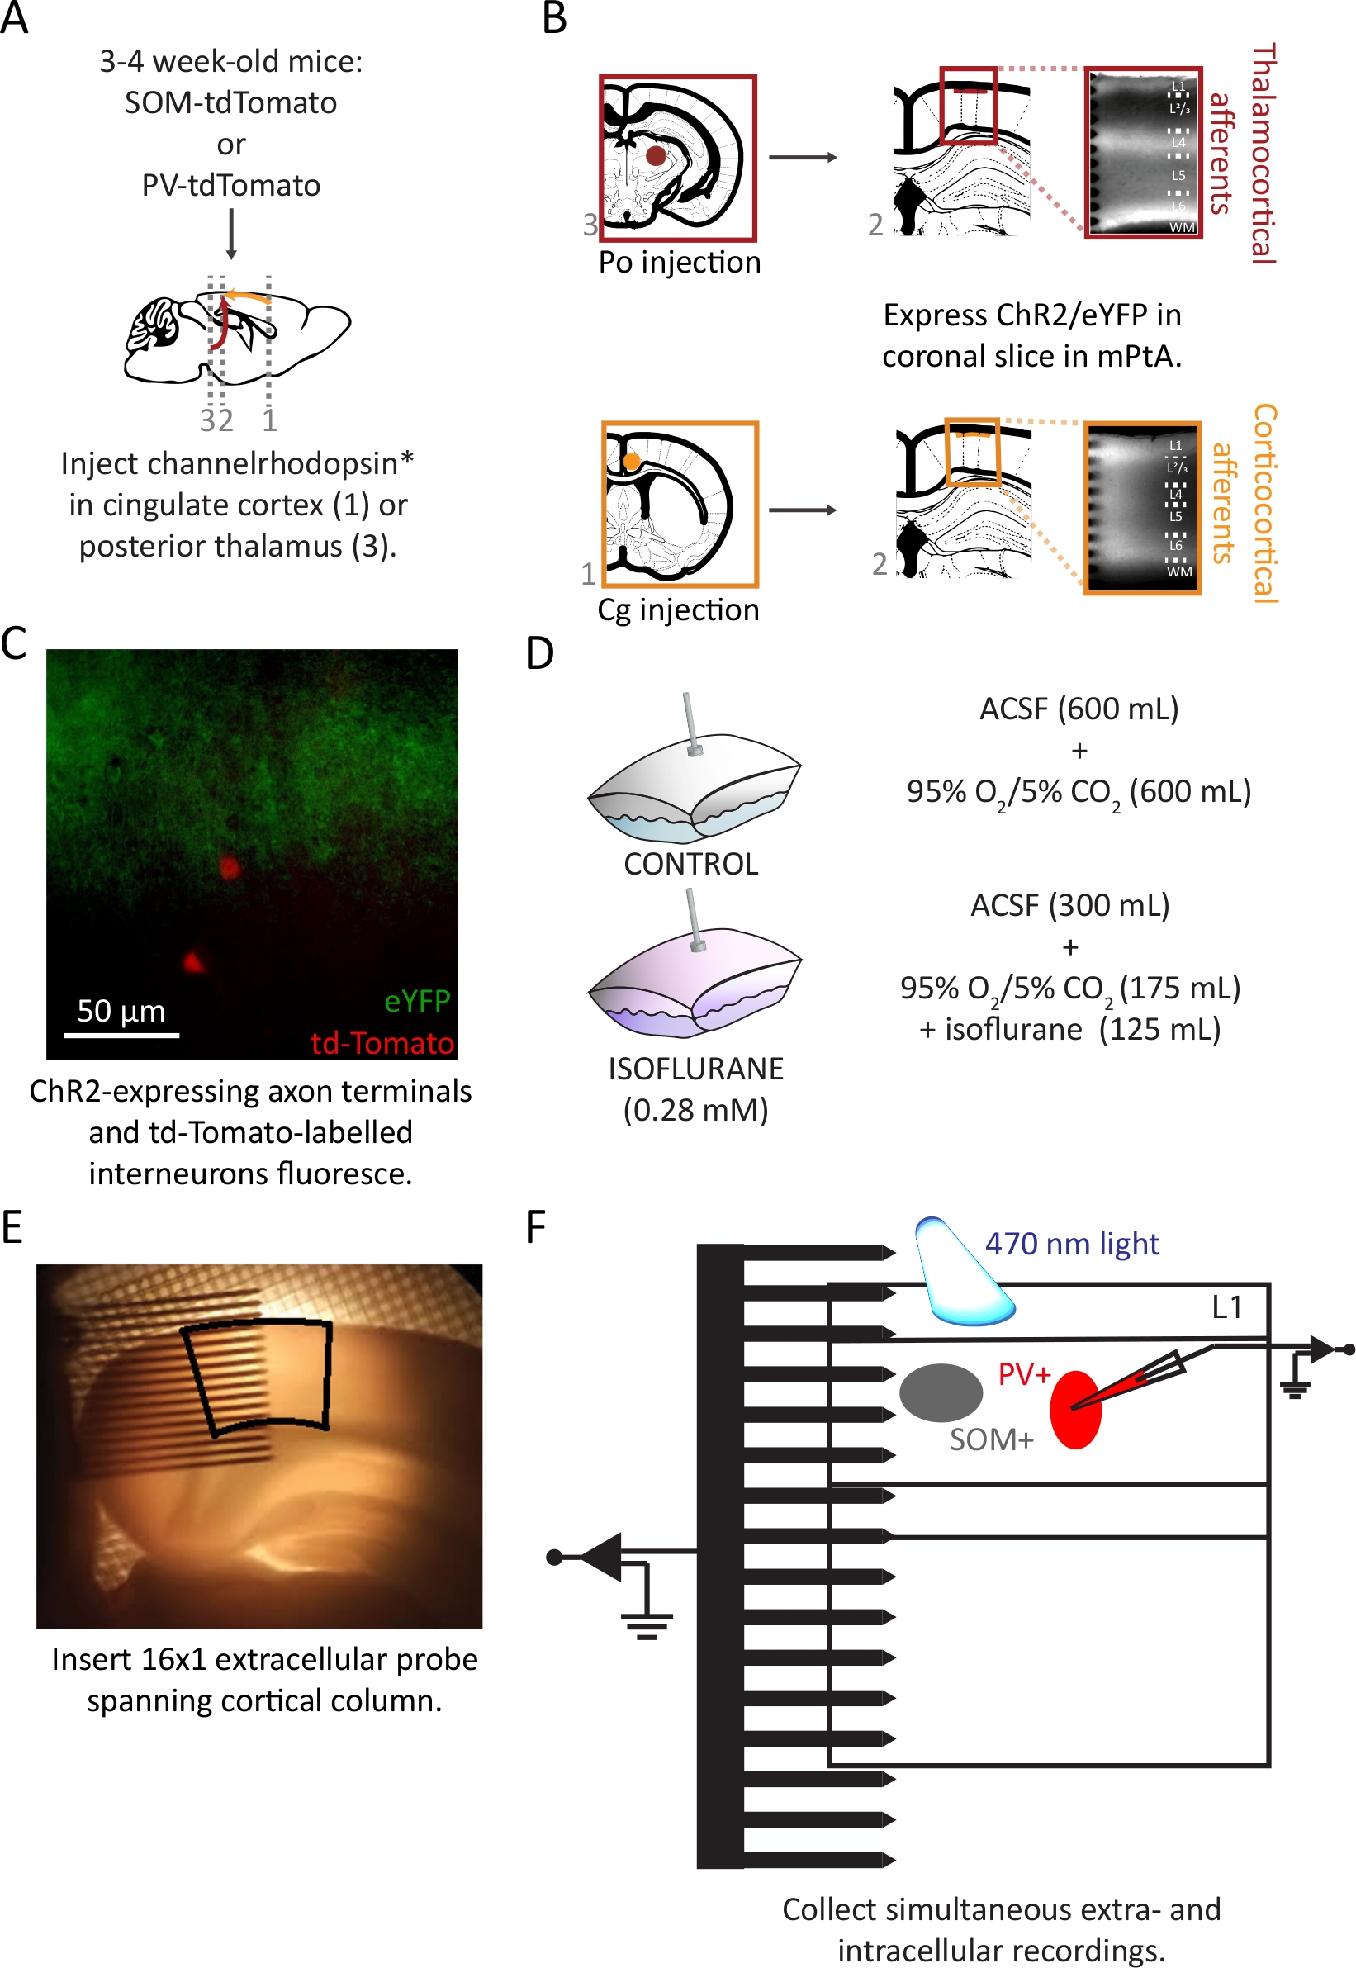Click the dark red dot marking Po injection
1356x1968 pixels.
[x=656, y=155]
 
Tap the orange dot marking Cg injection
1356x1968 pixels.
[x=631, y=462]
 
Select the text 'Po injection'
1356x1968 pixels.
[x=680, y=263]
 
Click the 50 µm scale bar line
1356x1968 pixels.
[x=121, y=1035]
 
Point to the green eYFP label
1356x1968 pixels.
[x=417, y=1001]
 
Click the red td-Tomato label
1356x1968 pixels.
[x=382, y=1042]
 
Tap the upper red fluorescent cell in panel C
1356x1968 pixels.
[x=230, y=868]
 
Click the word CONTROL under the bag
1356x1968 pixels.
[x=690, y=864]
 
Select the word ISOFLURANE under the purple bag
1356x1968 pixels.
[x=696, y=1069]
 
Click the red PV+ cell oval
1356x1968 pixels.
[x=1075, y=1410]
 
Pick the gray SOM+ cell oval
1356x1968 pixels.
[x=941, y=1392]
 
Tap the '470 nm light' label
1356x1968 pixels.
[x=1072, y=1244]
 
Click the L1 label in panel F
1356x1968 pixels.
[x=1227, y=1306]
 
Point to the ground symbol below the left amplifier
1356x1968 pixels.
[x=647, y=1625]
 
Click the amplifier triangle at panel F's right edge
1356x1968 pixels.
[x=1322, y=1349]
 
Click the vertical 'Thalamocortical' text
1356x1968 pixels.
[x=1264, y=154]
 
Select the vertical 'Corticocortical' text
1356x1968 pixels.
[x=1265, y=504]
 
